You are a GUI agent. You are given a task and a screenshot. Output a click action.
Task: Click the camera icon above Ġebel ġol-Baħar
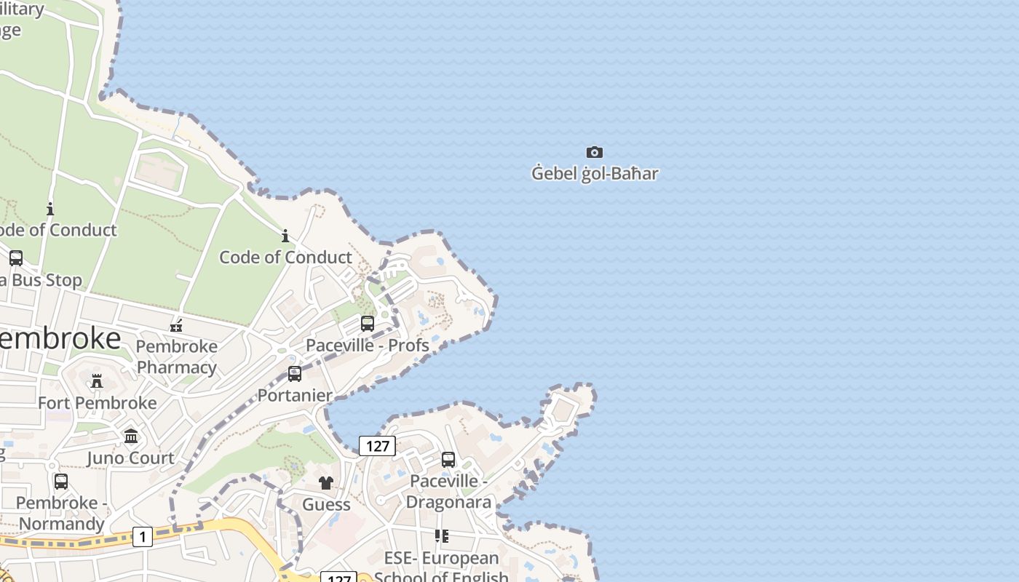pyautogui.click(x=595, y=152)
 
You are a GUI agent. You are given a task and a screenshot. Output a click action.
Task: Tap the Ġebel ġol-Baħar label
pyautogui.click(x=595, y=174)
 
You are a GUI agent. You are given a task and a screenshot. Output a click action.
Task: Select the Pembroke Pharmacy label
pyautogui.click(x=177, y=356)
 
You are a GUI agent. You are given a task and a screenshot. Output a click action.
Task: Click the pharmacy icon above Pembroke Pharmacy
pyautogui.click(x=175, y=325)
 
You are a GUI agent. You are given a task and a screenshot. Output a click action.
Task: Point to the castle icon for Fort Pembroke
pyautogui.click(x=96, y=381)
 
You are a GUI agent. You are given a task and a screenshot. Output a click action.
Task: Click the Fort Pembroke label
pyautogui.click(x=97, y=403)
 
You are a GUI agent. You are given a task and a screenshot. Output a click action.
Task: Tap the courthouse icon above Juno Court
pyautogui.click(x=131, y=436)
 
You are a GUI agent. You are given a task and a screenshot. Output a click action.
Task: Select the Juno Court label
pyautogui.click(x=131, y=458)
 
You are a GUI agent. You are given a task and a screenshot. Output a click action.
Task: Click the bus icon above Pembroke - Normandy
pyautogui.click(x=61, y=481)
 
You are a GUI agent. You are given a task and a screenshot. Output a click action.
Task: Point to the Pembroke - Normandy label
pyautogui.click(x=62, y=513)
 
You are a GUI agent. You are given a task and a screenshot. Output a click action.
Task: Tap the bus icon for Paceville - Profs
pyautogui.click(x=368, y=323)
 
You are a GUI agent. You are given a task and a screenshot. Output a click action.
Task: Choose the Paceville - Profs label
pyautogui.click(x=368, y=345)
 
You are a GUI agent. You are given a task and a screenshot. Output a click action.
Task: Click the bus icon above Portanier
pyautogui.click(x=295, y=374)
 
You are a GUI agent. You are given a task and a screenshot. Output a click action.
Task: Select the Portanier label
pyautogui.click(x=295, y=396)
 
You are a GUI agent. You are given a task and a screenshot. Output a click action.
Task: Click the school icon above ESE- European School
pyautogui.click(x=441, y=536)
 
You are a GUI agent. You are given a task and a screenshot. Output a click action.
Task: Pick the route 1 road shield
pyautogui.click(x=143, y=537)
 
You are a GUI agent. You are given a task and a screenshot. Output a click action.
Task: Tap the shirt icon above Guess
pyautogui.click(x=326, y=482)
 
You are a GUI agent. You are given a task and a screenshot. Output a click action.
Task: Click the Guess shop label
pyautogui.click(x=326, y=504)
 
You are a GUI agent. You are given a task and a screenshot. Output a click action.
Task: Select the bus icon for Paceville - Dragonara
pyautogui.click(x=448, y=459)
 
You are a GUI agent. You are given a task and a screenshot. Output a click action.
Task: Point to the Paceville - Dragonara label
pyautogui.click(x=448, y=491)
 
